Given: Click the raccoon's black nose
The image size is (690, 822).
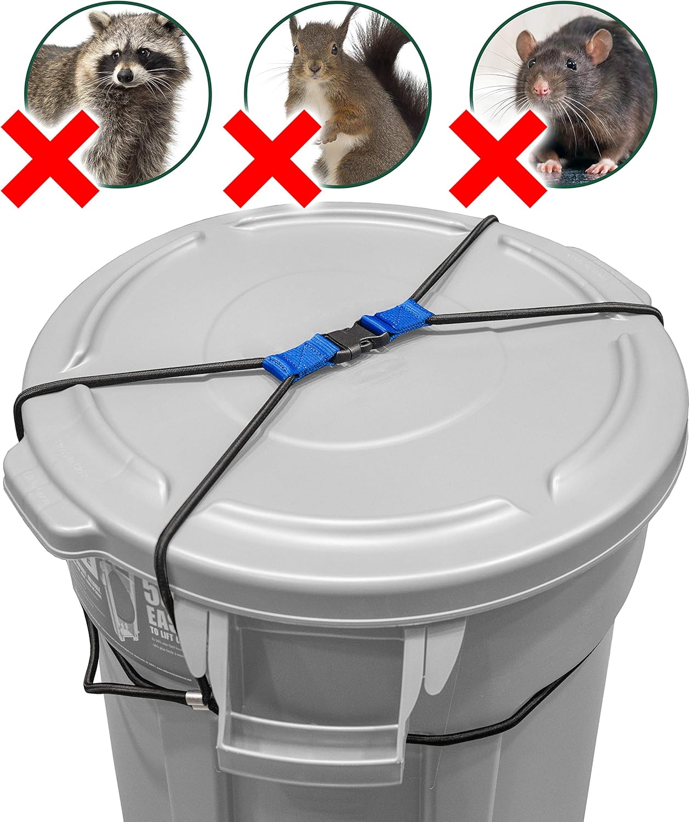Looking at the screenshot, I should coord(125,76).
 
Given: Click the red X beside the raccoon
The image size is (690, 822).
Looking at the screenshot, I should coord(50,156).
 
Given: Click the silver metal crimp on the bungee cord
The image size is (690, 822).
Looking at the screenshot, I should coord(193,698).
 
